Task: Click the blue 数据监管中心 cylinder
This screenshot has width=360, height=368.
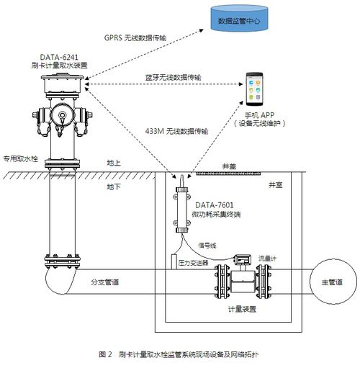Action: tap(240, 21)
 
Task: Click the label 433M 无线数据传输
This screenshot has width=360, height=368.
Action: tap(177, 131)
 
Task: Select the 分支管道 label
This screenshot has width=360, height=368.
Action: tap(104, 281)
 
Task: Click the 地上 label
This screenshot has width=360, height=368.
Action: tap(114, 163)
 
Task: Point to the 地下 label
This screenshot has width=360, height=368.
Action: tap(114, 187)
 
